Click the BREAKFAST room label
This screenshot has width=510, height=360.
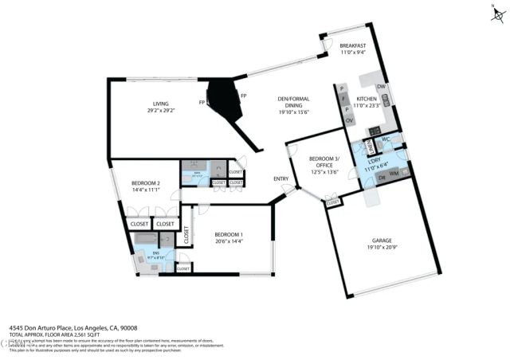[351, 46]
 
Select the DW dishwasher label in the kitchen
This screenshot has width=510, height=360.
[382, 87]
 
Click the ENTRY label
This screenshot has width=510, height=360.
[280, 178]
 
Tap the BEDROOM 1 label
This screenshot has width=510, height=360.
[228, 235]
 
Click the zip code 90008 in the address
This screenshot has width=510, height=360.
[127, 327]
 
